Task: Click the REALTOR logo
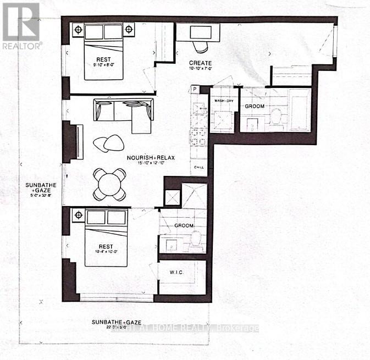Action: [x=21, y=25]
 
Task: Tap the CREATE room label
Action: [x=201, y=63]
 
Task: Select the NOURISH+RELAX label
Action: [x=150, y=158]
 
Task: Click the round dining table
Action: [x=109, y=184]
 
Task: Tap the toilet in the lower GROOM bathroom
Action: [x=196, y=239]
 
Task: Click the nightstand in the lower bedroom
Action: [x=78, y=215]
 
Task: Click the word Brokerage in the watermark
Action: [x=238, y=328]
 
